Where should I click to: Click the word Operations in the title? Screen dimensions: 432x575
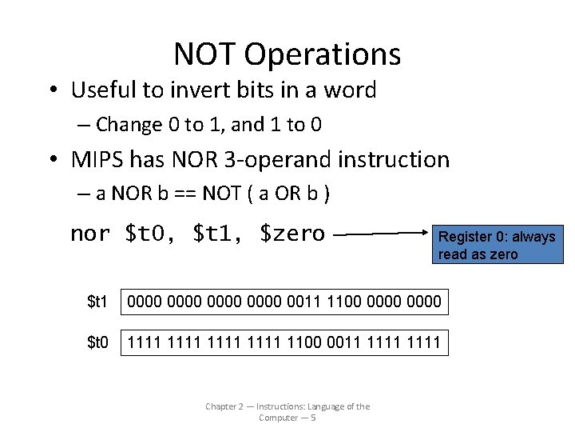(x=323, y=54)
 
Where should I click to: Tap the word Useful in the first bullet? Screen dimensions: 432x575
(x=104, y=90)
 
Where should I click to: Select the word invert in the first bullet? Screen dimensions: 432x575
(x=203, y=90)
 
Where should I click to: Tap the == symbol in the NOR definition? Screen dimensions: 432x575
(x=198, y=194)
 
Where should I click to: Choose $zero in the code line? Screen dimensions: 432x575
(x=292, y=234)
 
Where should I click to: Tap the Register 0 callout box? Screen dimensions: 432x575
(x=497, y=246)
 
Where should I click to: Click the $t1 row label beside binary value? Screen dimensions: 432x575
(x=97, y=302)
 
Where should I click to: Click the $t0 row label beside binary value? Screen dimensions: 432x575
(x=97, y=343)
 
